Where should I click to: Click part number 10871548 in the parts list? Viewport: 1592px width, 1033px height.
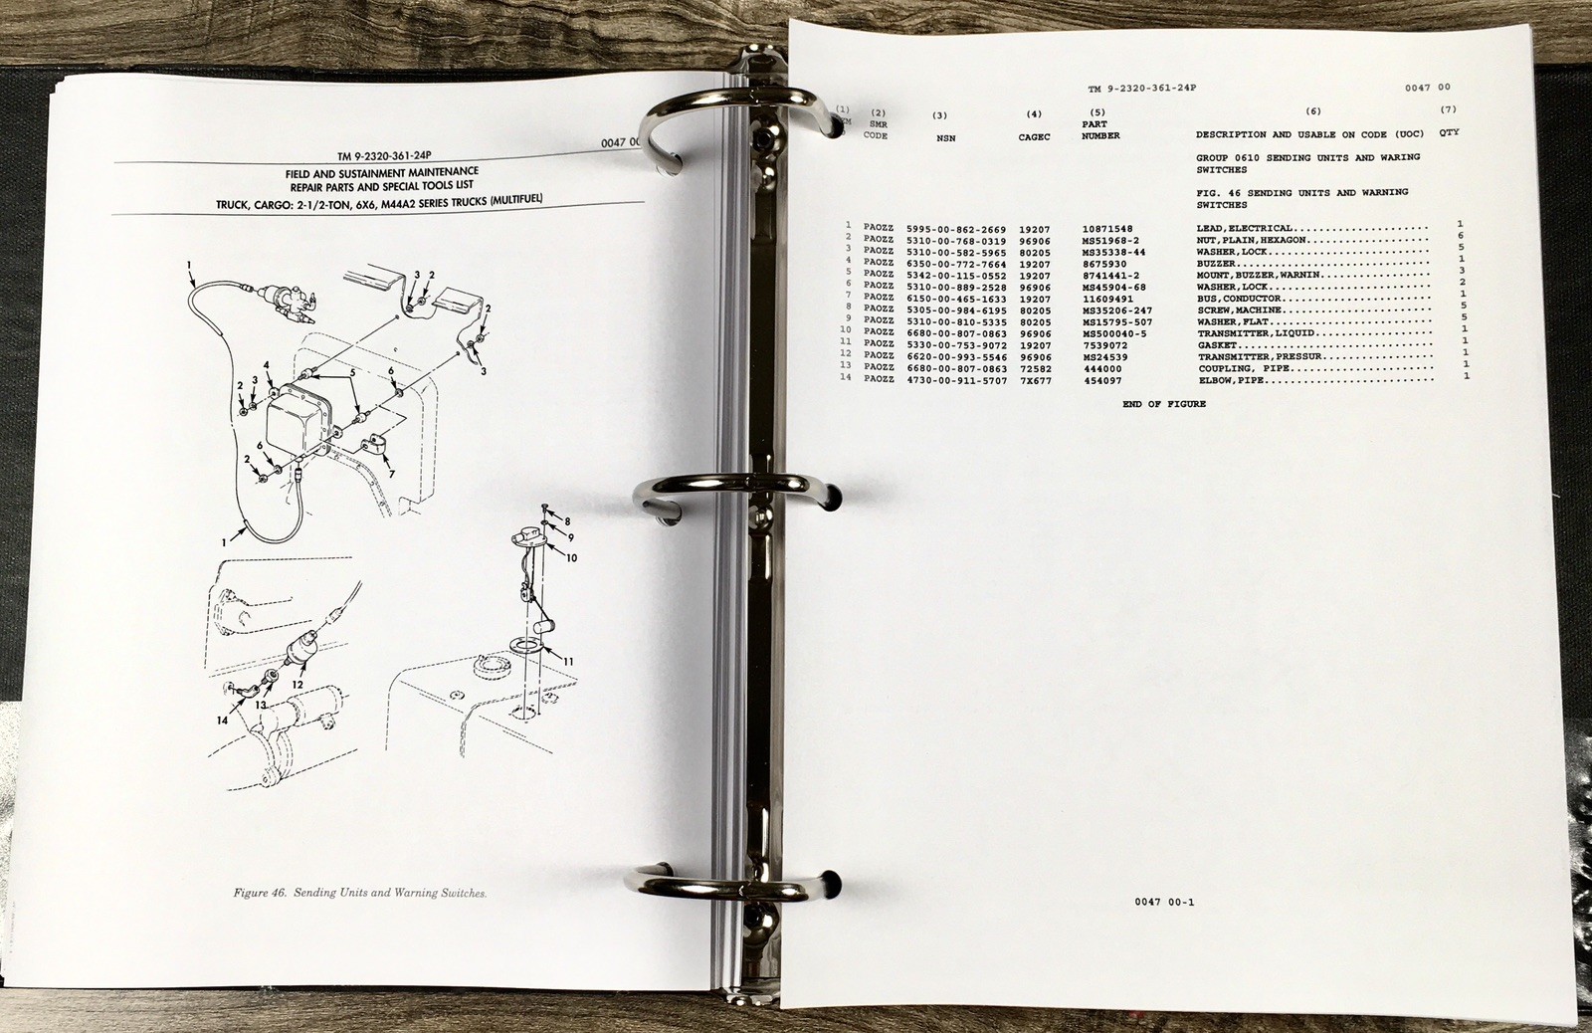[x=1106, y=229]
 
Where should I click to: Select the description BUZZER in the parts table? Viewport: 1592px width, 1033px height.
[x=1218, y=264]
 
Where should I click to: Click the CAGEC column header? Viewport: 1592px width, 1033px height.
[x=1035, y=137]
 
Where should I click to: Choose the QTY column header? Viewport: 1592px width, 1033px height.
[x=1449, y=132]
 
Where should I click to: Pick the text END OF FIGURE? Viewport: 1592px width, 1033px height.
[x=1163, y=404]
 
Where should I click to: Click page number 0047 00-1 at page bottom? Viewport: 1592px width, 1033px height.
[x=1163, y=903]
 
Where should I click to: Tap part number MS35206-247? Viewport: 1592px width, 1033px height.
[x=1116, y=310]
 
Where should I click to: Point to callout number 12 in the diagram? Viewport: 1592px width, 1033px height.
[x=298, y=685]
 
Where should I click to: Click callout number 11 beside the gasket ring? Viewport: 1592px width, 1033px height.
[x=569, y=661]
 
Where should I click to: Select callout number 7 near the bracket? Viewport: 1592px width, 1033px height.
[x=391, y=474]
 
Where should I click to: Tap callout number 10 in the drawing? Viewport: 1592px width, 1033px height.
[x=572, y=558]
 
